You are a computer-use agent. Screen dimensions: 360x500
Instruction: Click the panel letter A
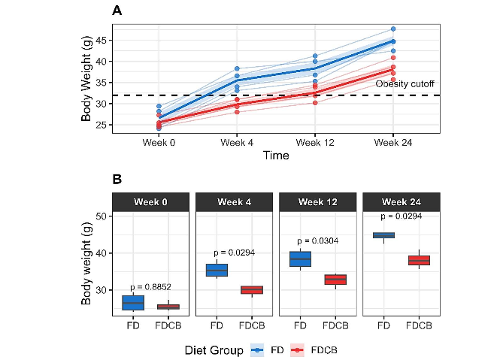117,11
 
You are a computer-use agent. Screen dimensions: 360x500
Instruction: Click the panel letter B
117,180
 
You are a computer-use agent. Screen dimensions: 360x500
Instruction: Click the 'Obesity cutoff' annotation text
405,83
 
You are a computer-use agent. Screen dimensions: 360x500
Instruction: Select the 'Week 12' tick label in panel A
316,141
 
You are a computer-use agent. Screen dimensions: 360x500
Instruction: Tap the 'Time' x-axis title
275,155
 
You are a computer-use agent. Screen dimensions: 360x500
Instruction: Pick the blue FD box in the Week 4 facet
217,270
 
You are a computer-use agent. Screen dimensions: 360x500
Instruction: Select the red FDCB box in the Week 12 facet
335,280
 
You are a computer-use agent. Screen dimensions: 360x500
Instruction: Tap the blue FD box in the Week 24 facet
383,235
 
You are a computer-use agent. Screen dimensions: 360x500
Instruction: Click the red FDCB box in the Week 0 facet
168,307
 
